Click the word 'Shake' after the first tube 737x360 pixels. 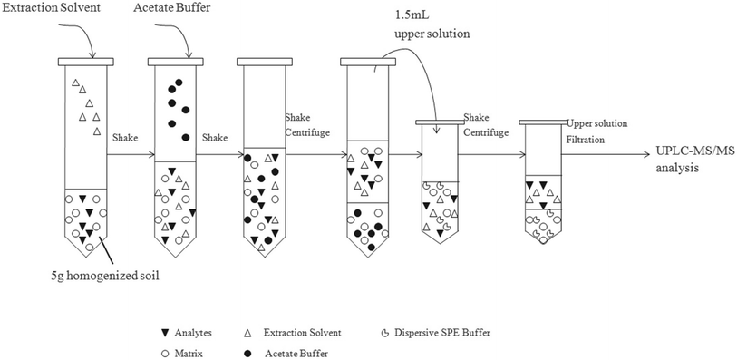pyautogui.click(x=124, y=138)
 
